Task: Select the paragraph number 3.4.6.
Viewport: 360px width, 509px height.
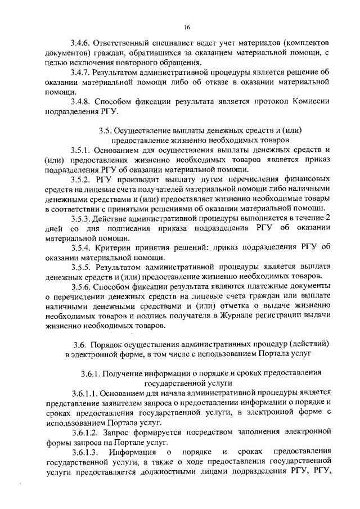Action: point(80,43)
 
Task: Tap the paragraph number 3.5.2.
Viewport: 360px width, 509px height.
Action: point(80,179)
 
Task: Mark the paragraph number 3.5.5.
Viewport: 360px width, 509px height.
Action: point(80,267)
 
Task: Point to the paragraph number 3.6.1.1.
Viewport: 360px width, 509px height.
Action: point(85,393)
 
